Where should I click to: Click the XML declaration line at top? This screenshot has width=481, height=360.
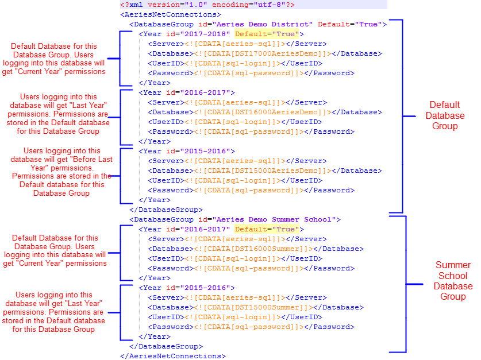[x=207, y=5]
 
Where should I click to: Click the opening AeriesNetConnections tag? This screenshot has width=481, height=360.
[x=170, y=14]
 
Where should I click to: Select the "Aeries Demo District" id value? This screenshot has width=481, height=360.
[x=263, y=24]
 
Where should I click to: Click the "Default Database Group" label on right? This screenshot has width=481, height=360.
[x=445, y=115]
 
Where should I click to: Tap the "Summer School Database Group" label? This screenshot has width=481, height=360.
[x=453, y=281]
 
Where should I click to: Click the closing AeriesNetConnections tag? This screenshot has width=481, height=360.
[x=172, y=356]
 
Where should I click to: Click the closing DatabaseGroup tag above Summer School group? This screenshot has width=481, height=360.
[x=166, y=210]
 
